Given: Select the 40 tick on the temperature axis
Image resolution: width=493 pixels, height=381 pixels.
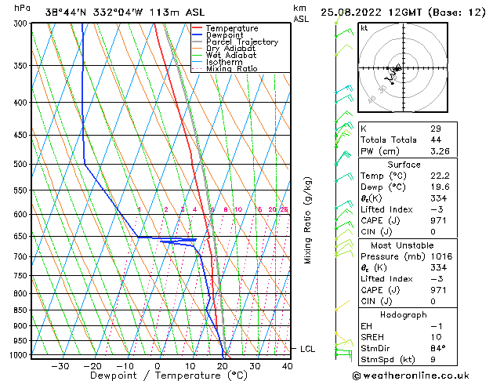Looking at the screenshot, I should coord(288,366).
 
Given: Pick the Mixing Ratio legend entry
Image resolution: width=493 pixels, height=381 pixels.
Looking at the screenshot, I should coord(231,68).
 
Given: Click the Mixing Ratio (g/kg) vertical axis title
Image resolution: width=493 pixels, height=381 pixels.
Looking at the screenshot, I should coord(308,220).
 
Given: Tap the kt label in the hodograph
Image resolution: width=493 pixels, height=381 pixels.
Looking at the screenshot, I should coord(364,28).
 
